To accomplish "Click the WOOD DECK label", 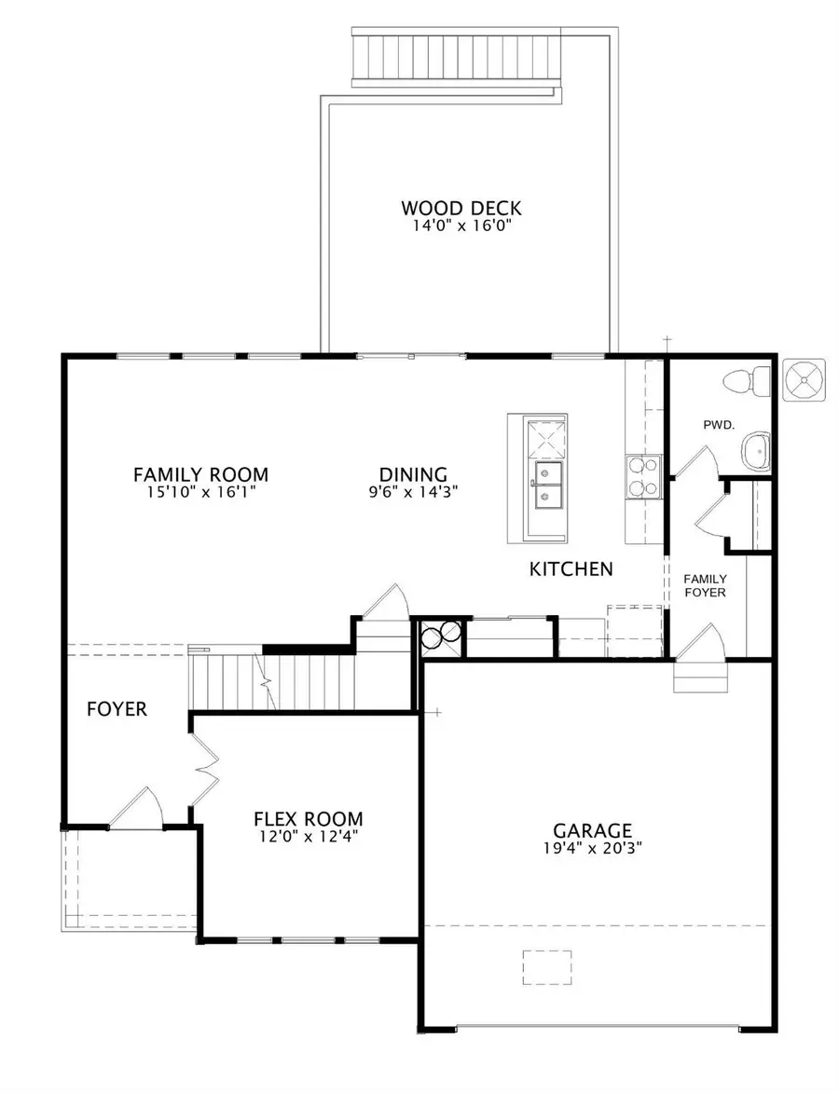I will pyautogui.click(x=461, y=208).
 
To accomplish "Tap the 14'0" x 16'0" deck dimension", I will pyautogui.click(x=461, y=226).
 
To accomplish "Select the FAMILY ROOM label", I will pyautogui.click(x=200, y=474).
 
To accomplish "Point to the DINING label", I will pyautogui.click(x=413, y=474).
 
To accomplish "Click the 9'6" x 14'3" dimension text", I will pyautogui.click(x=413, y=491).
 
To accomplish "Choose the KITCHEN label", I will pyautogui.click(x=571, y=568).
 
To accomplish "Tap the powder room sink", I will pyautogui.click(x=757, y=451).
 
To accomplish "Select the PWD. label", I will pyautogui.click(x=719, y=424).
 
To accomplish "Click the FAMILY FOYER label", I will pyautogui.click(x=705, y=585).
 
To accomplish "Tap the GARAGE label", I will pyautogui.click(x=592, y=830).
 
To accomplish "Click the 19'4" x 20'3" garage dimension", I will pyautogui.click(x=592, y=848).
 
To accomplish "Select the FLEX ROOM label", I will pyautogui.click(x=308, y=819).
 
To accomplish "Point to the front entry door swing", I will pyautogui.click(x=140, y=807).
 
